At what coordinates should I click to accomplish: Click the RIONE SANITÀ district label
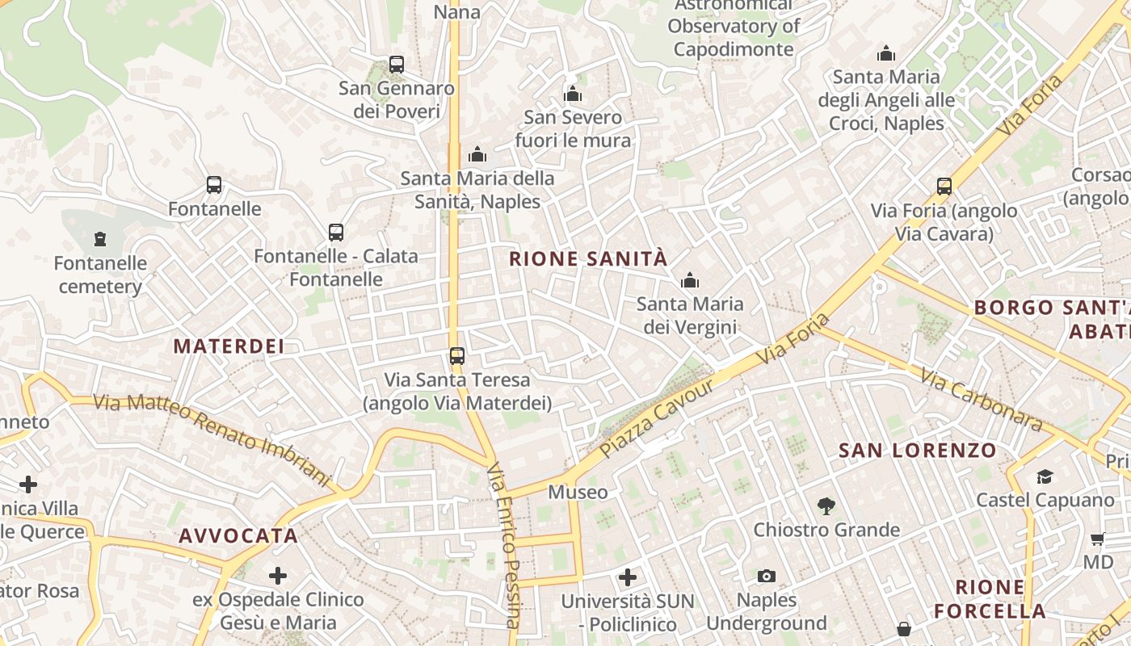tap(588, 258)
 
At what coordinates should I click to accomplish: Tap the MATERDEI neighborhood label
tap(229, 346)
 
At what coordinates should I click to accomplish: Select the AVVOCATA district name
tap(238, 535)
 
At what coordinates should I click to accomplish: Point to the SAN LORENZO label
tap(918, 450)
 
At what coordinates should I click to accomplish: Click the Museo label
tap(578, 492)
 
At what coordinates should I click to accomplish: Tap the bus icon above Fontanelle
tap(214, 185)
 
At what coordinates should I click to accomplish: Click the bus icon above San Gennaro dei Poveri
tap(396, 65)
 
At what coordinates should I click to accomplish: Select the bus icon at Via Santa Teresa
tap(457, 355)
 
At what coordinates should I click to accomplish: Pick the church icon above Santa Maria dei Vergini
tap(690, 281)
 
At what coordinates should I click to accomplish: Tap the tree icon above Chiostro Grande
tap(826, 506)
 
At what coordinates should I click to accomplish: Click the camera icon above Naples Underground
tap(767, 576)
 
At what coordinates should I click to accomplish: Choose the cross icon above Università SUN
tap(628, 577)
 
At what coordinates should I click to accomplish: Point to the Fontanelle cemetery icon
tap(100, 239)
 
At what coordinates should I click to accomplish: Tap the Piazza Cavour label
tap(658, 418)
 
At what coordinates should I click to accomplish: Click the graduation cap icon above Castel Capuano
tap(1045, 476)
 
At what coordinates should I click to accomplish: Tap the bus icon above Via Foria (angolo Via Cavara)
tap(944, 187)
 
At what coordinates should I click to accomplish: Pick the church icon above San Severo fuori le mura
tap(573, 94)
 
